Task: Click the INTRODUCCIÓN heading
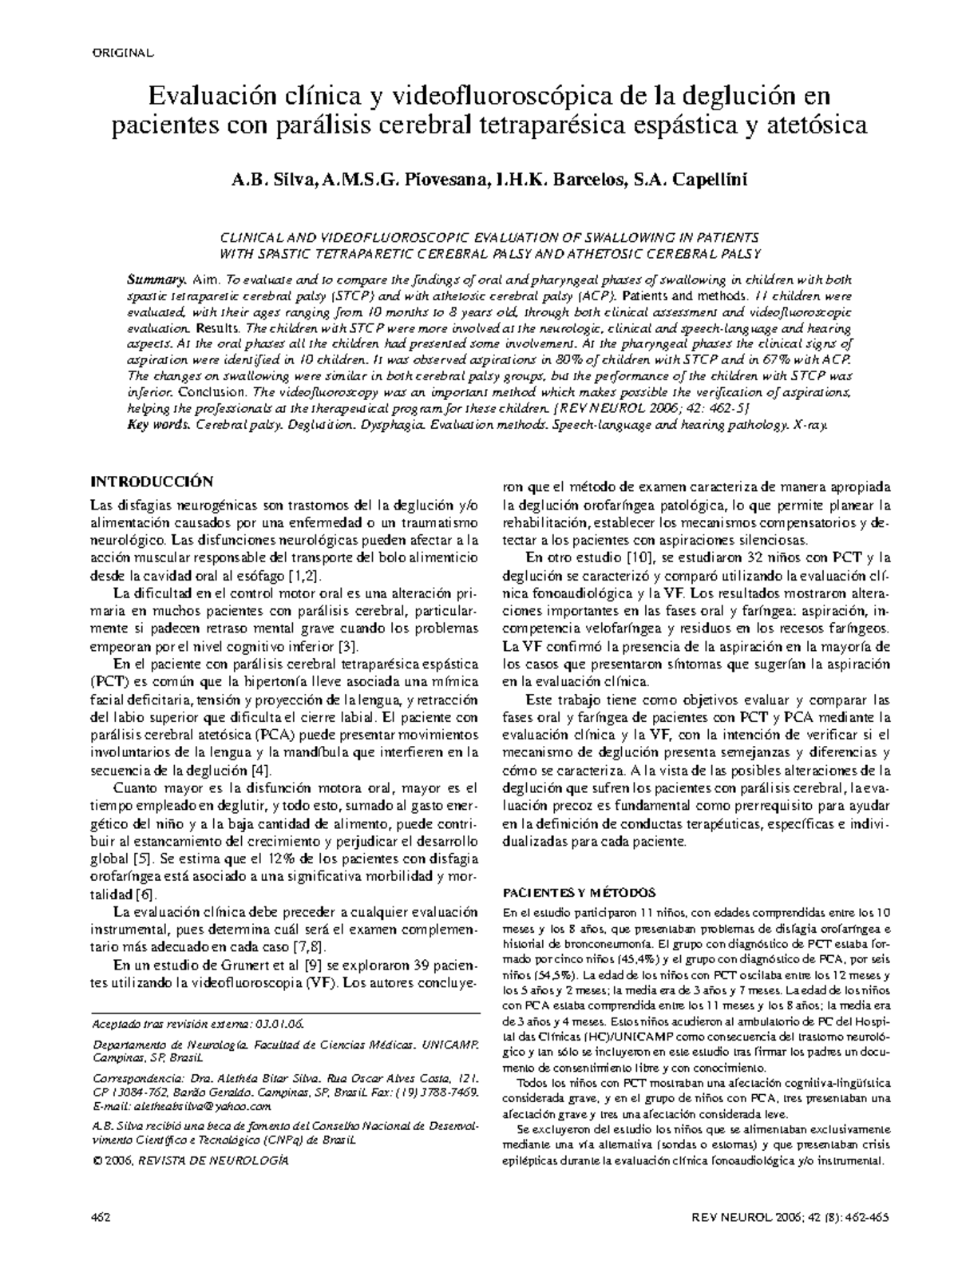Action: [x=152, y=482]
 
